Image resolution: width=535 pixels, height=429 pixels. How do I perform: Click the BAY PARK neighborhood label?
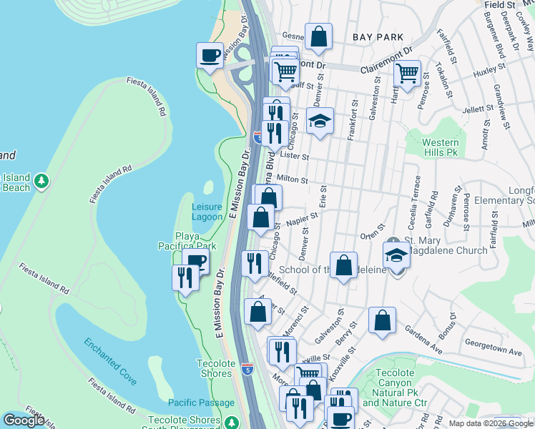tap(378, 36)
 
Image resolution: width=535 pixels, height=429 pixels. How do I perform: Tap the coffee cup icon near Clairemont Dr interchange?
tap(210, 56)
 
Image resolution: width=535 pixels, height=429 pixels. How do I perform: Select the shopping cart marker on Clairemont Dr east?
tap(407, 73)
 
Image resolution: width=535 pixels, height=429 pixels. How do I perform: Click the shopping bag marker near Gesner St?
tap(318, 36)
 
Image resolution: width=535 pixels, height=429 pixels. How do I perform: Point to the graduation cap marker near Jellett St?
tap(320, 121)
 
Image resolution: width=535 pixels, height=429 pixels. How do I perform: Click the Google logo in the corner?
tap(24, 420)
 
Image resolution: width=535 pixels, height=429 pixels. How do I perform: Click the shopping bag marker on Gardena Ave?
tap(383, 321)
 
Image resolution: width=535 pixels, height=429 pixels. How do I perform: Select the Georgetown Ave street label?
tap(493, 352)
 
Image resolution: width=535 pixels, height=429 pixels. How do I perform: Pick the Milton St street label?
tap(291, 181)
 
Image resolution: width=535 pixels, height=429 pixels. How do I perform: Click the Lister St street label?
tap(294, 156)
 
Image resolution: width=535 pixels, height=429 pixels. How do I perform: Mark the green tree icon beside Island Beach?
tap(42, 180)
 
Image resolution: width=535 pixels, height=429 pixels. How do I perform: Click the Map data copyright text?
tap(491, 423)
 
